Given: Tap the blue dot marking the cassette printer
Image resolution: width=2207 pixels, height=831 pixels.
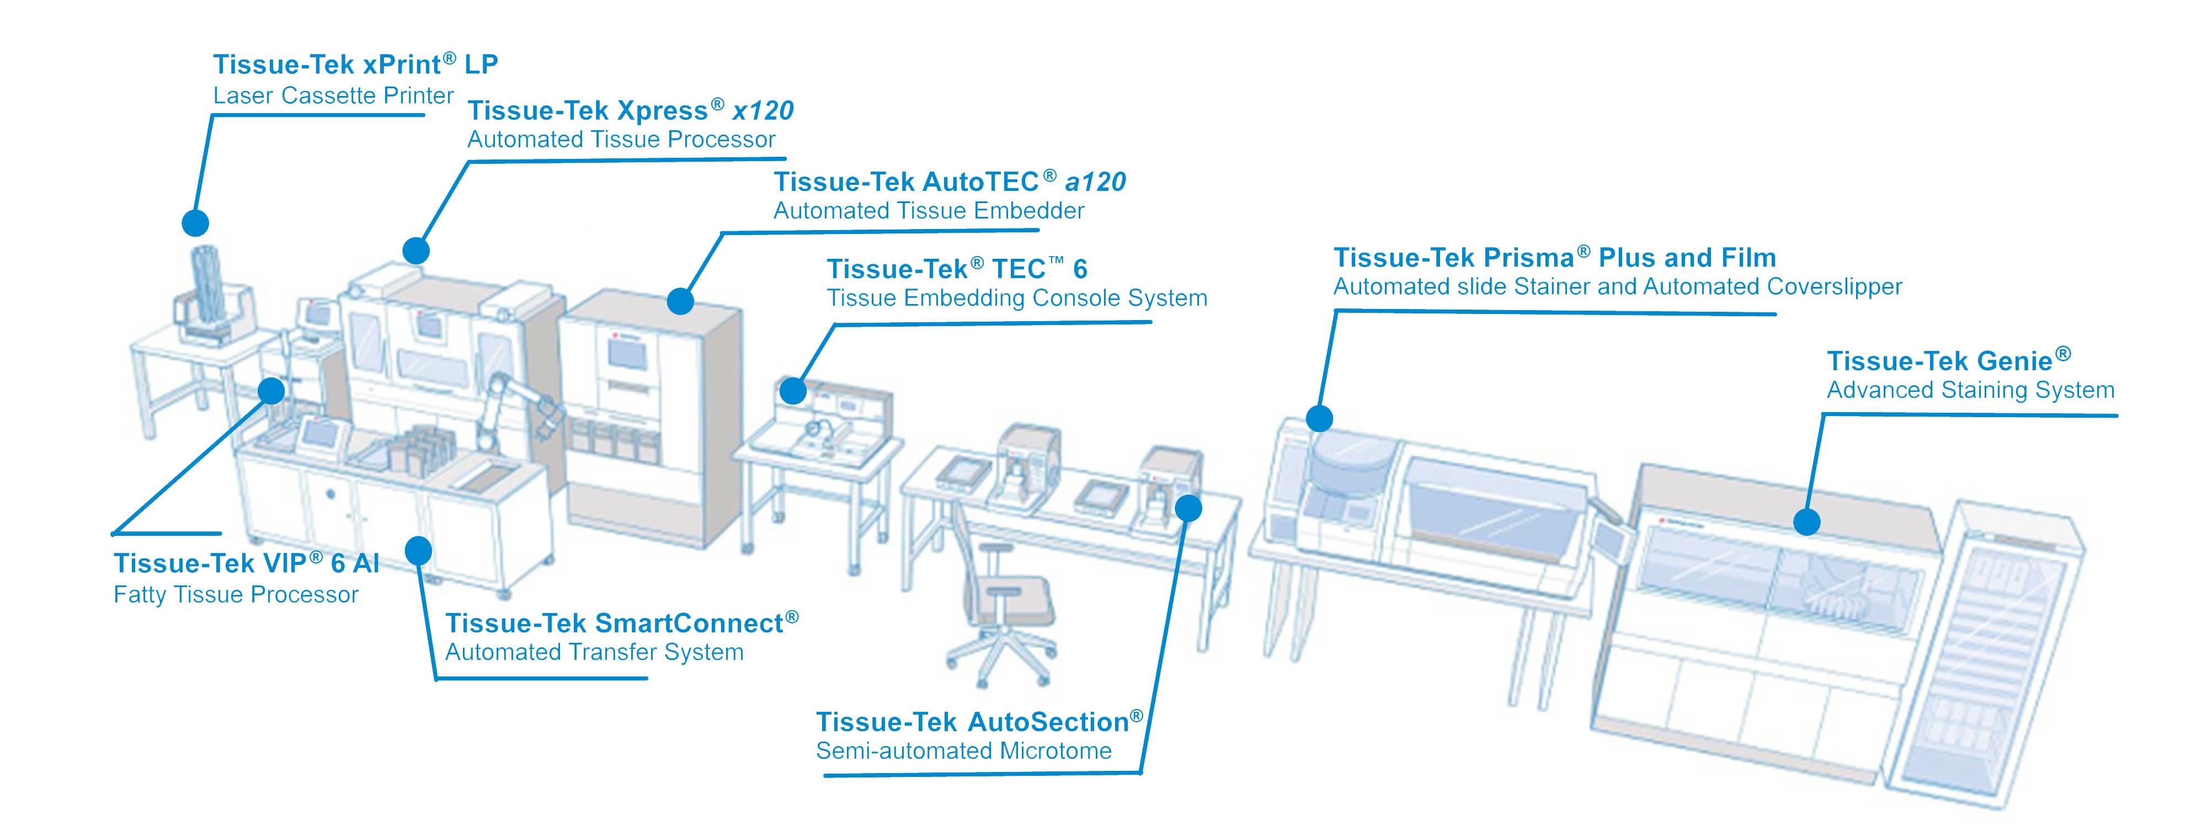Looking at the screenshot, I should click(x=195, y=223).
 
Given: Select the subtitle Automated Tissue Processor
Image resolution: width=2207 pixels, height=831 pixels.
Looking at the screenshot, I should click(x=621, y=140).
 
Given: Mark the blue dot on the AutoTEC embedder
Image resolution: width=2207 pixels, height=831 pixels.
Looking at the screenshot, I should click(x=680, y=301).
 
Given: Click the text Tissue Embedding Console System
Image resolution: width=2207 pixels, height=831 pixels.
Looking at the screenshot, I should click(x=1016, y=298).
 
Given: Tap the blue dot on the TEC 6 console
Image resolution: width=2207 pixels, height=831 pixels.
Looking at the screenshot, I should click(x=793, y=391).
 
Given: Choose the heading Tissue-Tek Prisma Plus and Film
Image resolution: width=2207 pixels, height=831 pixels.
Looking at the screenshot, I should click(x=1554, y=258).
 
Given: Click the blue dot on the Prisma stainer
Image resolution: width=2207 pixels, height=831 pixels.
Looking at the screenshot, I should click(x=1319, y=418).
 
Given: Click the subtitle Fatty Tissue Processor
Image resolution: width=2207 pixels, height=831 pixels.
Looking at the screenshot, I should click(x=236, y=594).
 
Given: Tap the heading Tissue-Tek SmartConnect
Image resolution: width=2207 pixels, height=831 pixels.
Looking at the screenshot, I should click(x=621, y=623).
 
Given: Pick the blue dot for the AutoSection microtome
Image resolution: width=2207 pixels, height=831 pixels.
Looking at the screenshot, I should click(x=1188, y=508).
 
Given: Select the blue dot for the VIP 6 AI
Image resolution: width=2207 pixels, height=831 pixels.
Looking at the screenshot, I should click(x=271, y=391).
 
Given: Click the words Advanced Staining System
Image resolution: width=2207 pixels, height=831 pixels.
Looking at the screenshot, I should click(x=1970, y=391).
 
